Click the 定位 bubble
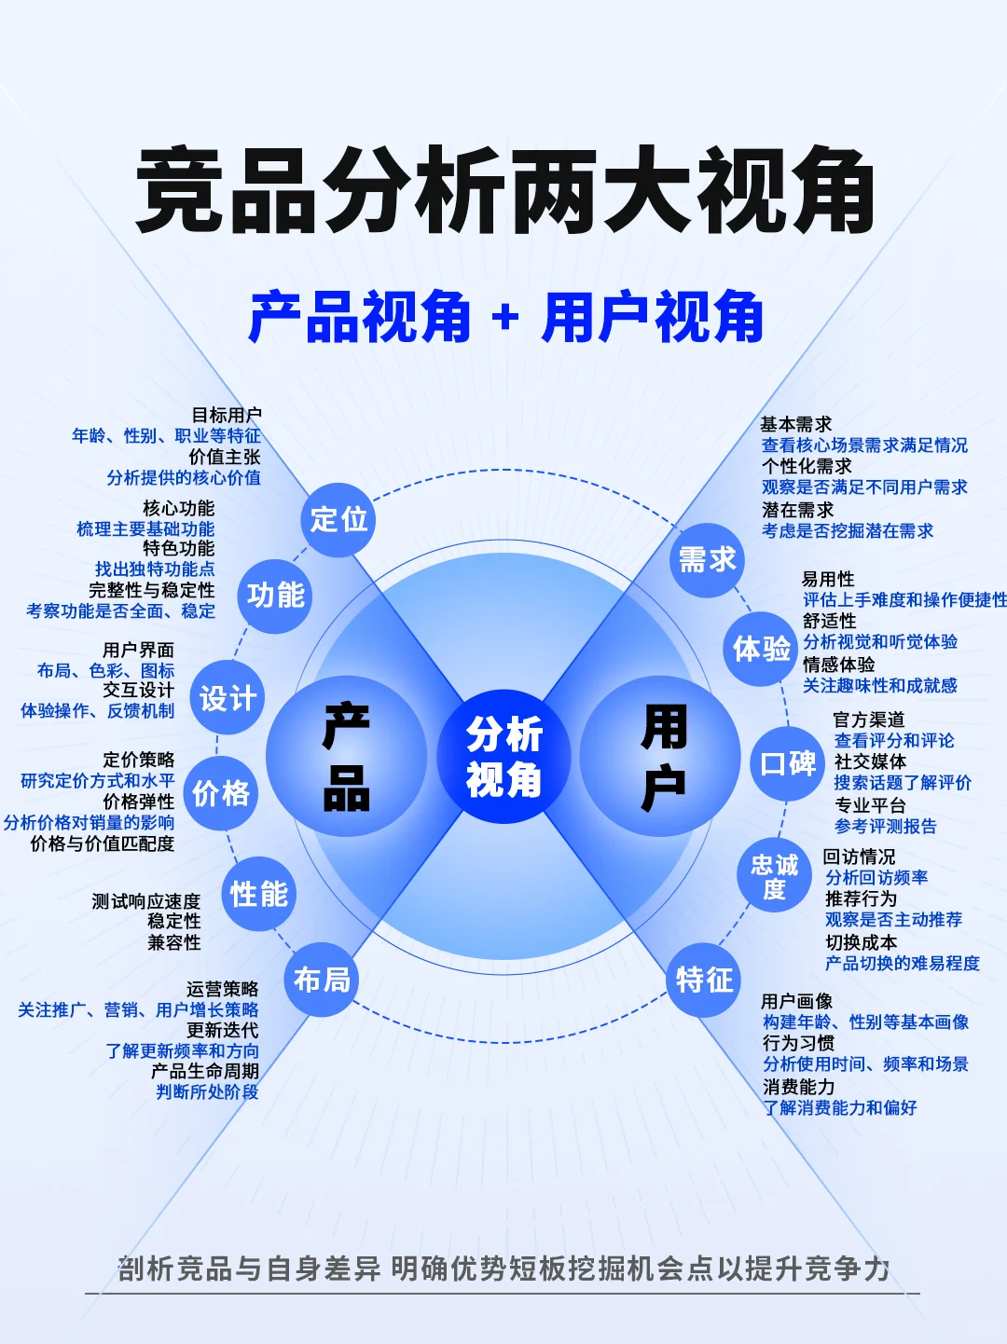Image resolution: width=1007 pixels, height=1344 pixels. click(x=338, y=519)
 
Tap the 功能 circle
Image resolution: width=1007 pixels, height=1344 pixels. click(x=275, y=596)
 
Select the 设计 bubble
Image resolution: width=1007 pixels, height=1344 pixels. click(x=228, y=698)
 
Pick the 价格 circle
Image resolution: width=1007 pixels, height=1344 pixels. click(x=221, y=794)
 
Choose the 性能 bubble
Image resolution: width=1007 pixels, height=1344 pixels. click(x=258, y=895)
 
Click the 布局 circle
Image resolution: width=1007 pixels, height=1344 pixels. click(x=322, y=980)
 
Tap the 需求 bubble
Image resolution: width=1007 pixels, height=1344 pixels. click(x=707, y=560)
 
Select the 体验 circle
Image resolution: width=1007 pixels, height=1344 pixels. click(x=761, y=649)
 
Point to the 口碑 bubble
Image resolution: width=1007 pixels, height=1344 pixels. click(x=788, y=764)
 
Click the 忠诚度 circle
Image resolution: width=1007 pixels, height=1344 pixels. click(x=774, y=877)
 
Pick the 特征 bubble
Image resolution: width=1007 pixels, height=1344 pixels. click(x=704, y=980)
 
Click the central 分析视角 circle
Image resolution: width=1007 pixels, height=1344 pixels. click(x=504, y=757)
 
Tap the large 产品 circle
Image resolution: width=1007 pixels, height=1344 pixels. click(x=346, y=757)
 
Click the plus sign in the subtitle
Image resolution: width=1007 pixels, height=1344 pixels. click(x=505, y=319)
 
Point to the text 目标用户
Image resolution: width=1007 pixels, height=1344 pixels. click(x=227, y=415)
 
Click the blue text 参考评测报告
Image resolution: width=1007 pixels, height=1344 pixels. click(x=885, y=827)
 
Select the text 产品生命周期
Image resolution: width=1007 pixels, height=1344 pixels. click(x=205, y=1071)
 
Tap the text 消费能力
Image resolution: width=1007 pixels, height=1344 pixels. click(x=798, y=1087)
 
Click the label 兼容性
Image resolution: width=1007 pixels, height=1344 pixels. click(x=174, y=942)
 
